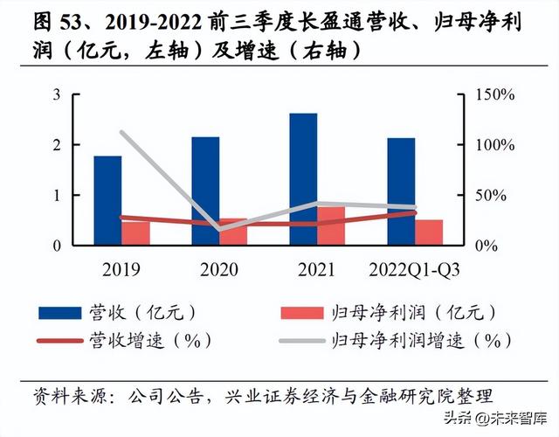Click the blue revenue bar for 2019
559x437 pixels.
[x=107, y=200]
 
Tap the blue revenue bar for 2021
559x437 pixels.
[x=303, y=179]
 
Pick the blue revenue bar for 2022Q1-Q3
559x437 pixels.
[x=401, y=191]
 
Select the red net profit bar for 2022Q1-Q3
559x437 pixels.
[x=429, y=232]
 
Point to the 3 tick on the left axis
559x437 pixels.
[x=57, y=94]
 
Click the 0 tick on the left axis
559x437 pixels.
[x=57, y=246]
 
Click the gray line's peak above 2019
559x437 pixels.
[x=121, y=133]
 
